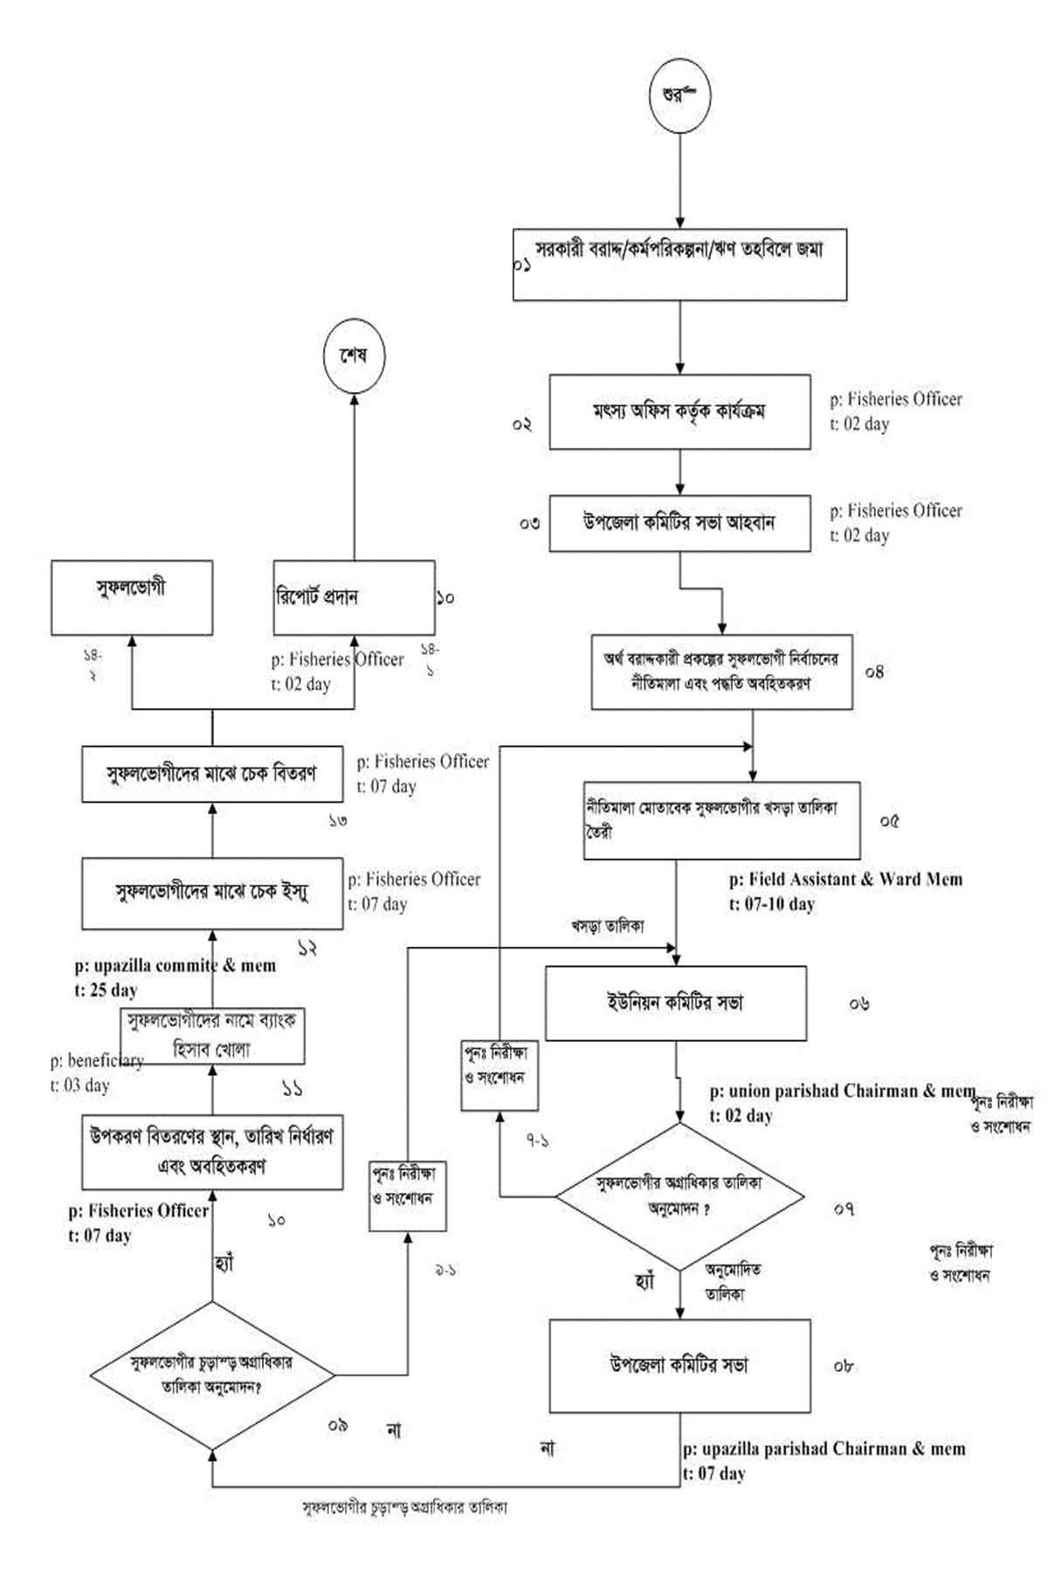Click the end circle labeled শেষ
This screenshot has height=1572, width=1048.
click(x=354, y=356)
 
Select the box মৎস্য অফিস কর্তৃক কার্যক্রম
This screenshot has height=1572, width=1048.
click(x=679, y=412)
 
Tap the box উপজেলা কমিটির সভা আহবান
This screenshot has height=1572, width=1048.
click(x=679, y=523)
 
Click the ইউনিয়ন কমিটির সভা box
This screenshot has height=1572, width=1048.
click(x=675, y=1003)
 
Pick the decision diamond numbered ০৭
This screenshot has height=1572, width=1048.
click(x=680, y=1196)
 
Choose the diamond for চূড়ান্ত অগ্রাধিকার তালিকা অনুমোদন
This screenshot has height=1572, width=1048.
click(x=212, y=1375)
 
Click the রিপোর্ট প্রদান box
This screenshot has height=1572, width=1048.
click(x=354, y=597)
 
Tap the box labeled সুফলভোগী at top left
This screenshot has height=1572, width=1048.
click(x=131, y=597)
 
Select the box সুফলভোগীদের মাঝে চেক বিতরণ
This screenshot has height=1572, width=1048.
click(x=212, y=774)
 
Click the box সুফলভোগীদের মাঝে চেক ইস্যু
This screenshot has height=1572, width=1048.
click(x=212, y=893)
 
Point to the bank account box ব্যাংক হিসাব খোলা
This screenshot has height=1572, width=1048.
click(x=212, y=1036)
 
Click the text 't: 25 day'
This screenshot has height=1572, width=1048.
click(x=106, y=990)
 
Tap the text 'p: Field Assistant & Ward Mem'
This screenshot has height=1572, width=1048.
click(x=845, y=879)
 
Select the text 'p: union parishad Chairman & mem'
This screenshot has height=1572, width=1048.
click(x=842, y=1091)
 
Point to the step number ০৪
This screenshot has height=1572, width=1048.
click(x=874, y=672)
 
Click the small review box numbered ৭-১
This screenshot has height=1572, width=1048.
click(x=500, y=1075)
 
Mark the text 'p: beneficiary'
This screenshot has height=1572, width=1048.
click(x=96, y=1061)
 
